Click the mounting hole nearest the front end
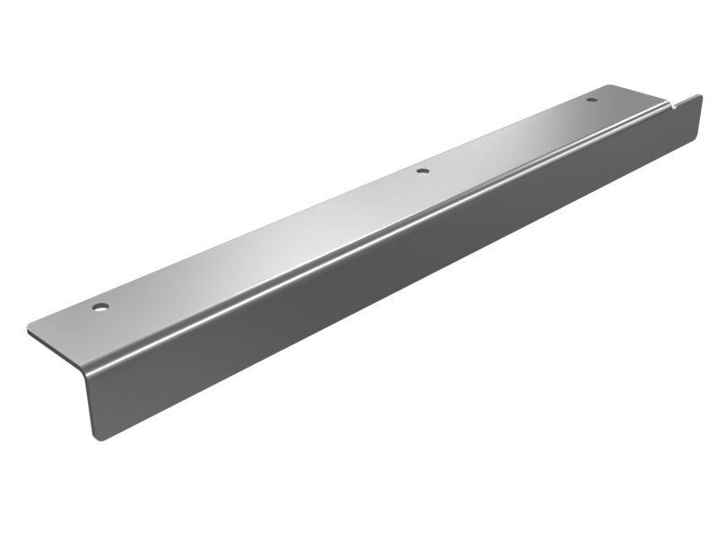[x=100, y=308]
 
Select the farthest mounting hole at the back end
[x=591, y=99]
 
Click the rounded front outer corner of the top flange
[x=31, y=327]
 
